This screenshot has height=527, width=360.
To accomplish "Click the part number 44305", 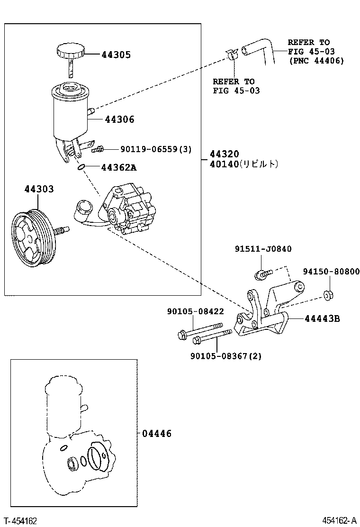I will point(116,55).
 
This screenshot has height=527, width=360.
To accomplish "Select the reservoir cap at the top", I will point(70,51).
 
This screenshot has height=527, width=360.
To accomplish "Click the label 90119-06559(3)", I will point(156,149).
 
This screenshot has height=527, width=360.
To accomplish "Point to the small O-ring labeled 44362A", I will point(81,167).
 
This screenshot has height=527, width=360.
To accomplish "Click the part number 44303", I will point(39,189).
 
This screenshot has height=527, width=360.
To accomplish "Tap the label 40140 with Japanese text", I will point(243,164).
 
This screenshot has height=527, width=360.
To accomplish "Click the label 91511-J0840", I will point(263,249).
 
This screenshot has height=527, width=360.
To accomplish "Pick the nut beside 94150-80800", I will point(327,295).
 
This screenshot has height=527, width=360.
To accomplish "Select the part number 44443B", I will point(322,318).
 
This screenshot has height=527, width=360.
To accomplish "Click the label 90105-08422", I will point(195,311).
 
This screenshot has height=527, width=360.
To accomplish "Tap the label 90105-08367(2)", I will point(226,355).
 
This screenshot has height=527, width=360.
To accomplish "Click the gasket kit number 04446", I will point(156,433).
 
